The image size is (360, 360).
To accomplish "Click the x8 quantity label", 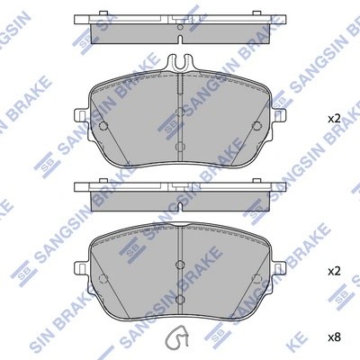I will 333,337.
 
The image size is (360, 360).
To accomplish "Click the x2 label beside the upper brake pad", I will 333,119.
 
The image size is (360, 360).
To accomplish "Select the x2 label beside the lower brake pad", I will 333,270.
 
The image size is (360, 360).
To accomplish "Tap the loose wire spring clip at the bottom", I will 180,338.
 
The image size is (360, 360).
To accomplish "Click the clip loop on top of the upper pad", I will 180,63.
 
